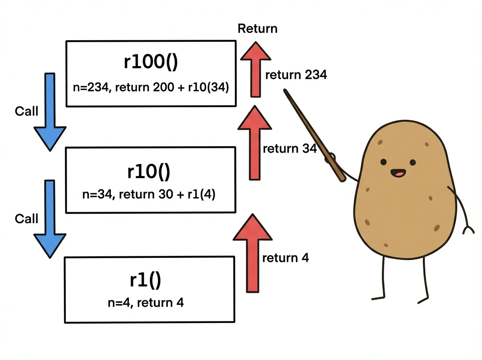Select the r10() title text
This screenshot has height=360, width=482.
pyautogui.click(x=149, y=172)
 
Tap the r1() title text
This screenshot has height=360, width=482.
pyautogui.click(x=145, y=280)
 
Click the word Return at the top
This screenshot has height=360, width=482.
pyautogui.click(x=257, y=29)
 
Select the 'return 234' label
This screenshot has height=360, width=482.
pyautogui.click(x=296, y=75)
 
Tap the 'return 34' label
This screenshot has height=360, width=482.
pyautogui.click(x=290, y=149)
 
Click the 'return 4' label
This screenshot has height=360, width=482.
pyautogui.click(x=285, y=258)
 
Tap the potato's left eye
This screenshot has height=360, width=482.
pyautogui.click(x=384, y=162)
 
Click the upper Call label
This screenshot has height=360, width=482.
pyautogui.click(x=27, y=111)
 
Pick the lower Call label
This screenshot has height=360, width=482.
pyautogui.click(x=27, y=219)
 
